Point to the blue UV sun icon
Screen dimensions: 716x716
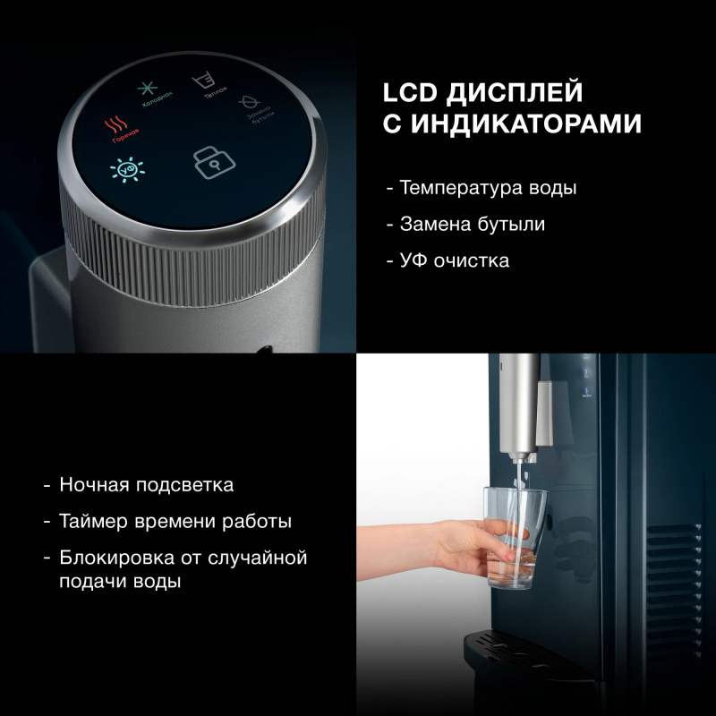click(x=123, y=170)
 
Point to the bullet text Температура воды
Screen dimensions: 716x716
click(x=488, y=189)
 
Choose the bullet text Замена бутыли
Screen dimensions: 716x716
click(x=472, y=225)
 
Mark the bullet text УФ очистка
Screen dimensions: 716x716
click(x=455, y=260)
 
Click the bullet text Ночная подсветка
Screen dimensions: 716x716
click(x=146, y=485)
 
